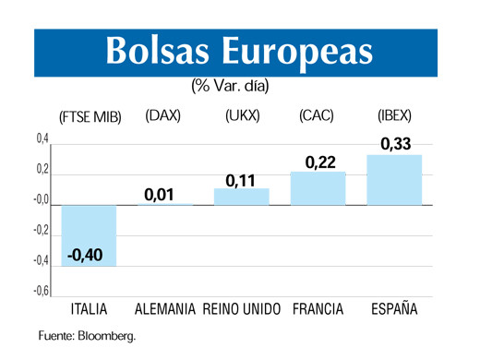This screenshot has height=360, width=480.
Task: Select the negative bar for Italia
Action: pos(90,234)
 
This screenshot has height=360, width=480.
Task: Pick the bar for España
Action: pos(394,179)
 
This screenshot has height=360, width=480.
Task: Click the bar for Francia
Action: pos(318,187)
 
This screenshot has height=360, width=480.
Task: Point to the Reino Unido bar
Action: pos(241,196)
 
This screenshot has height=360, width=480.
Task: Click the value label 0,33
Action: pos(395,143)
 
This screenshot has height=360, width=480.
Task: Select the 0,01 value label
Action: pos(160,194)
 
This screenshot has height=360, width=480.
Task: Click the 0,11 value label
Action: pos(241,179)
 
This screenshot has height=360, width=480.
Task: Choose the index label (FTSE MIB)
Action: pos(90,118)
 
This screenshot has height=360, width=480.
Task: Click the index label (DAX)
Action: pos(163,116)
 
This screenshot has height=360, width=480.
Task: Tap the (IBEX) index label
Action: pos(394,116)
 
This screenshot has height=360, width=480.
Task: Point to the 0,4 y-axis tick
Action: pos(42,139)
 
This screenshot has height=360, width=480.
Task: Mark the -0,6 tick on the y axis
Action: pos(41,292)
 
